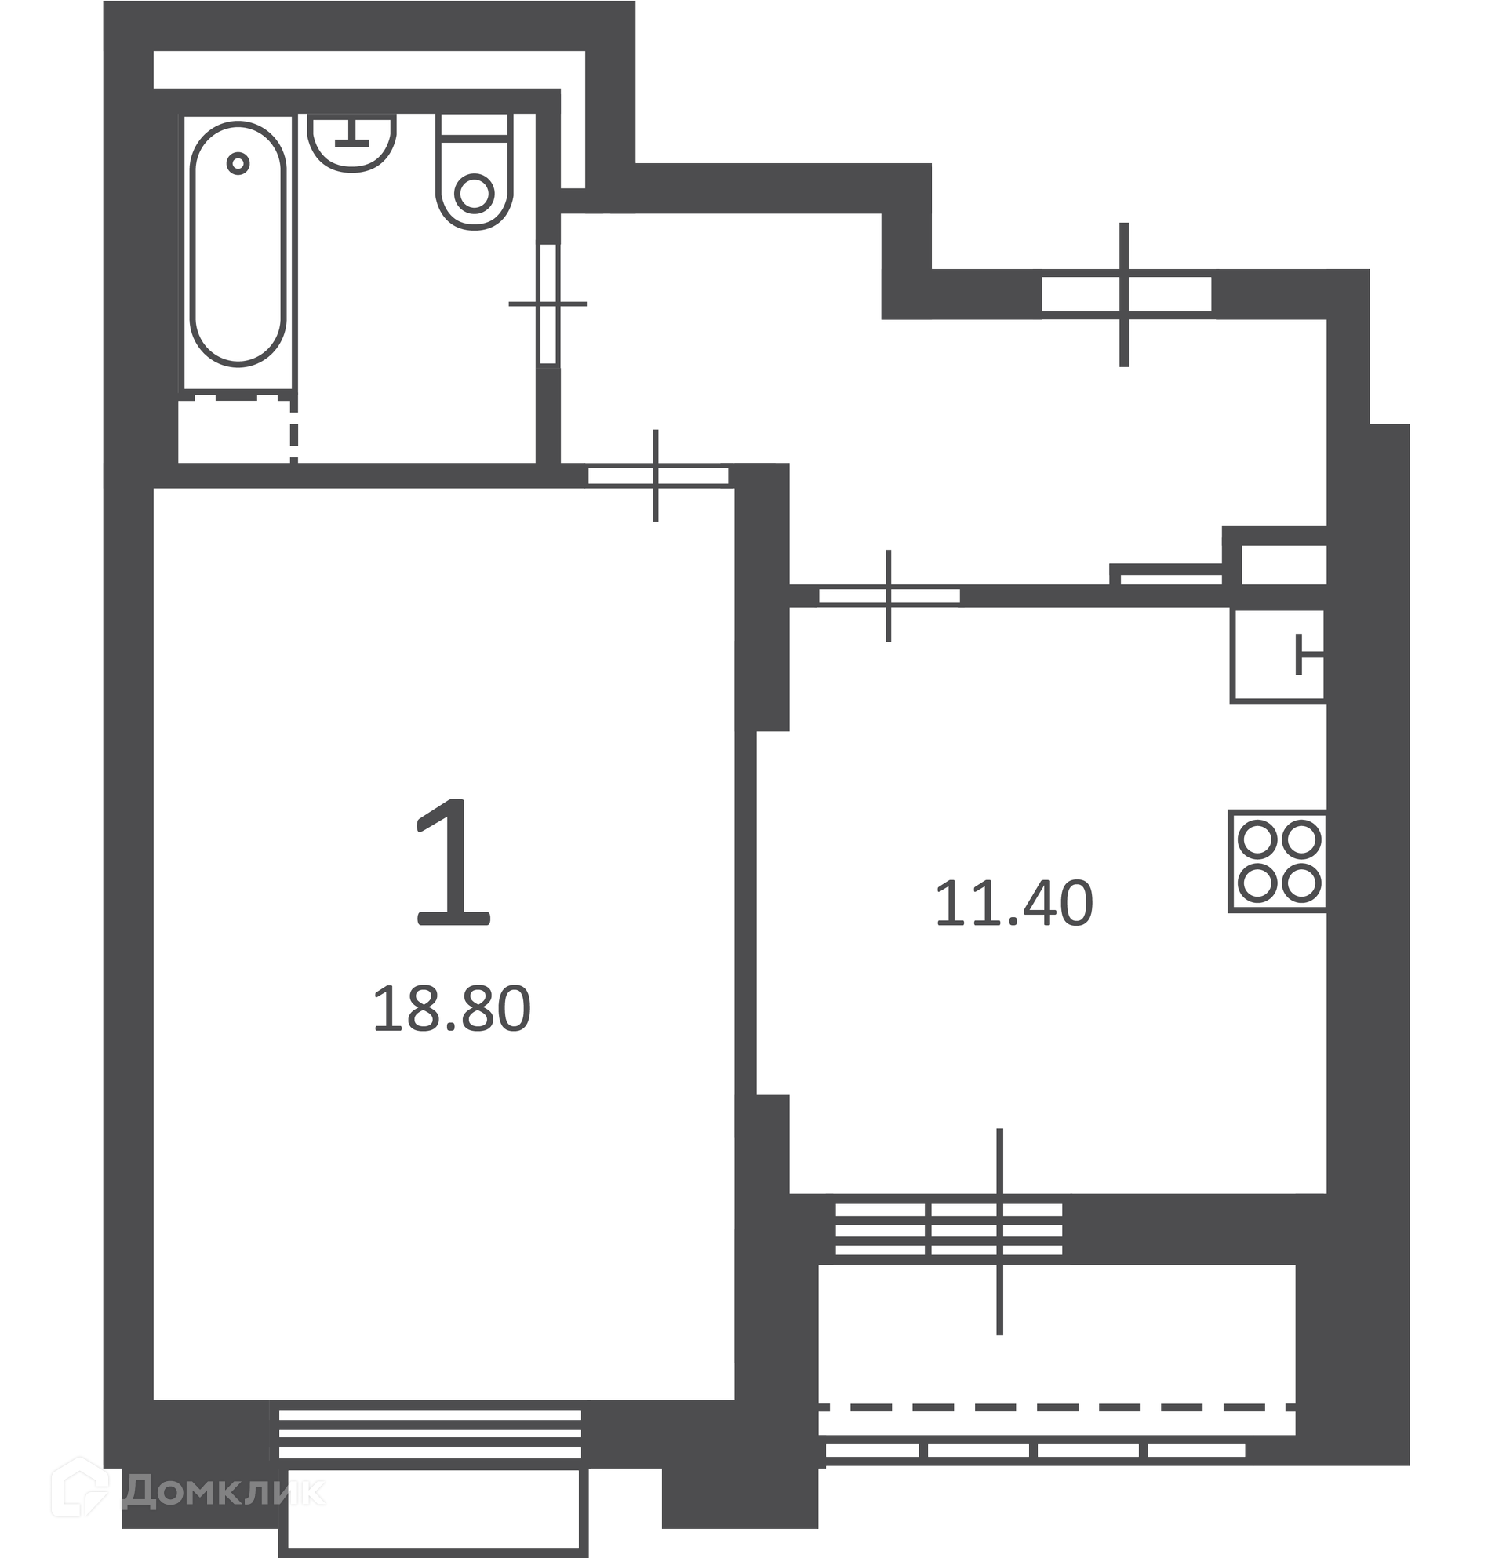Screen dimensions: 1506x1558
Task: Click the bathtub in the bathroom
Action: [x=238, y=244]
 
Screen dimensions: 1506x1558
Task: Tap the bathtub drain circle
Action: [x=238, y=164]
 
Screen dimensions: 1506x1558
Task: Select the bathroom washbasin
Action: [x=351, y=143]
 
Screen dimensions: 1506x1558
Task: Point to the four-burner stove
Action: [x=1277, y=861]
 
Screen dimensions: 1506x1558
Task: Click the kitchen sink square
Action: [x=1278, y=656]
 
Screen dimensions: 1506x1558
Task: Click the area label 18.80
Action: [x=451, y=1009]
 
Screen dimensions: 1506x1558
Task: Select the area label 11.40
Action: [x=1014, y=904]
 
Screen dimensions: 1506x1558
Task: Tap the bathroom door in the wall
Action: [x=548, y=304]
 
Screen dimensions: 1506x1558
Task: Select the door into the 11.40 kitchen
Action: [x=889, y=595]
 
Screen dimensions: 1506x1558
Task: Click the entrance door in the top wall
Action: [x=1126, y=294]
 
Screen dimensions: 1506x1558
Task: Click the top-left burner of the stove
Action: [x=1257, y=839]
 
